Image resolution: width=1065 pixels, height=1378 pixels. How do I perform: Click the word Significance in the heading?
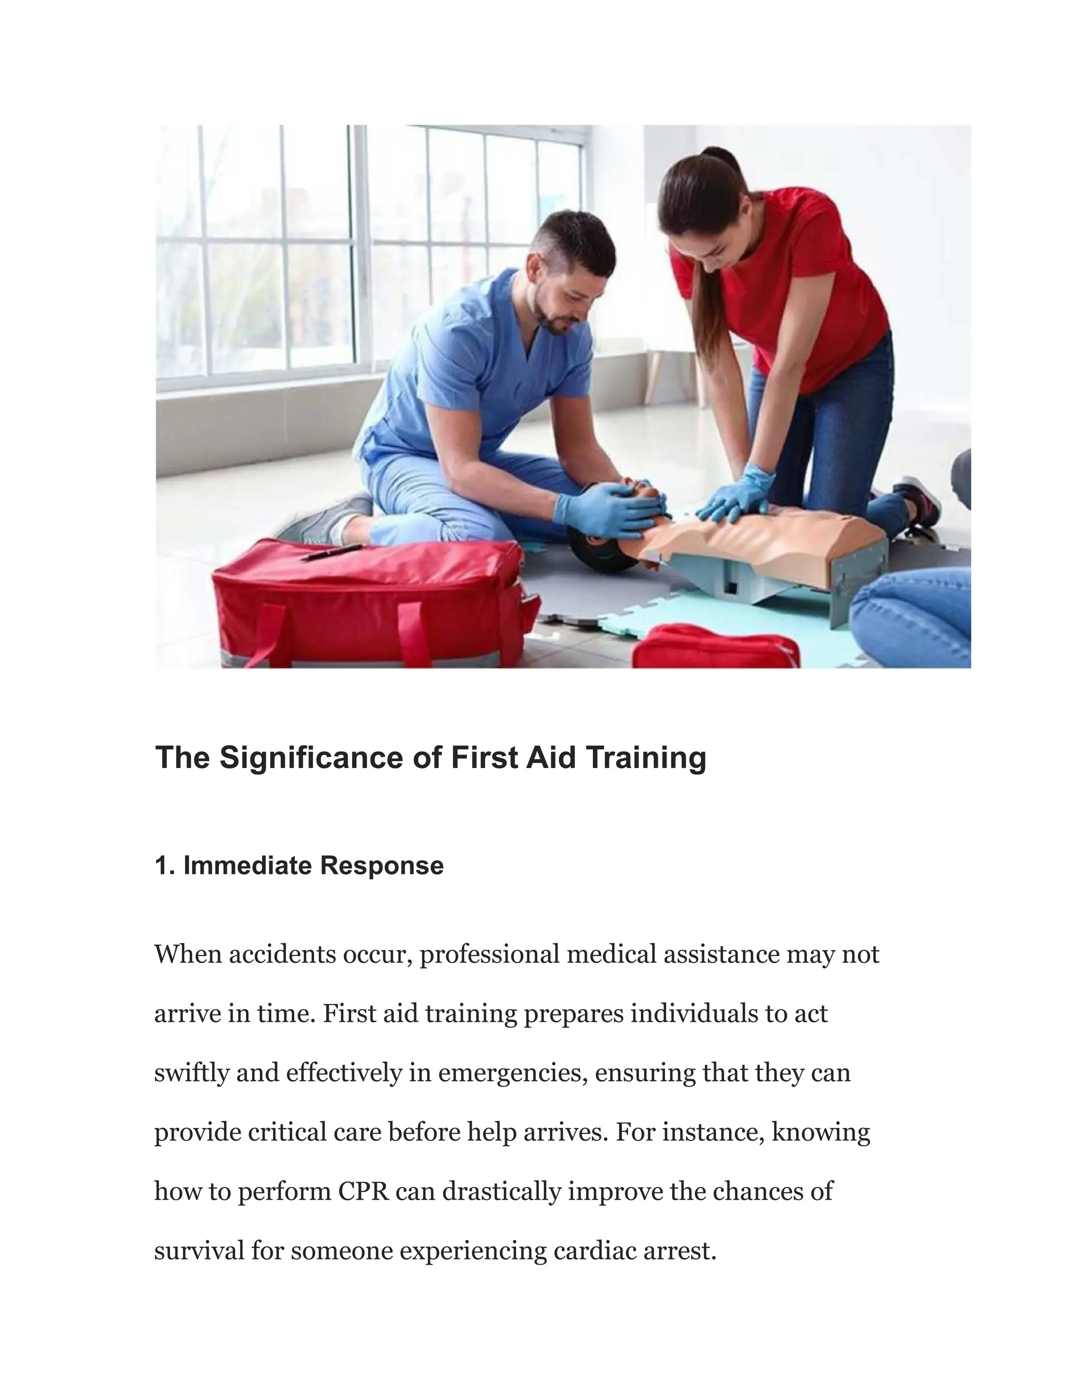point(311,758)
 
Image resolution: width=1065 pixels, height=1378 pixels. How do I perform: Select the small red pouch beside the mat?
point(716,647)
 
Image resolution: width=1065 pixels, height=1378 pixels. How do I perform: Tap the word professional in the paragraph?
point(489,954)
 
